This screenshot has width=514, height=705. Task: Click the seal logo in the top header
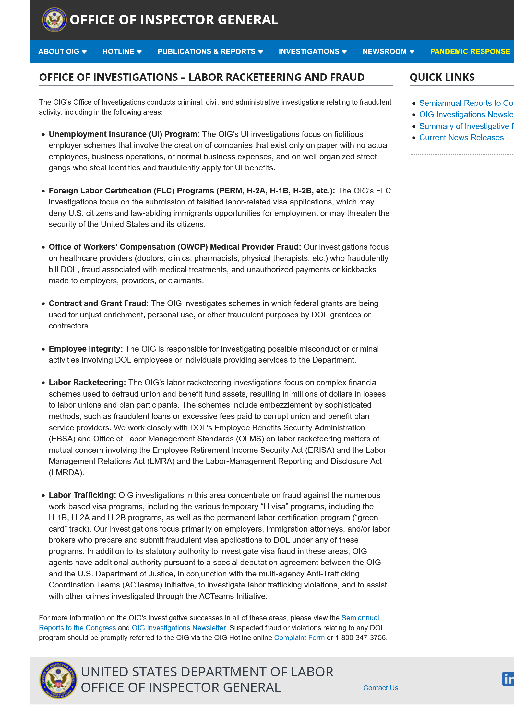[54, 20]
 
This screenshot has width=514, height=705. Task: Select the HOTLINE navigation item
[122, 52]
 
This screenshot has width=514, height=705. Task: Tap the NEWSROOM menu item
[388, 52]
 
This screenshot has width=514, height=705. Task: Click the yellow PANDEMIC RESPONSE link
[470, 52]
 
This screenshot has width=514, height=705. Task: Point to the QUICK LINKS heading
[442, 77]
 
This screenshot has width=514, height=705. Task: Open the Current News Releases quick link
[461, 138]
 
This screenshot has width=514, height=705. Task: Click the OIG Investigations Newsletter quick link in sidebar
[466, 115]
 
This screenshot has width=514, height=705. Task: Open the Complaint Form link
[299, 638]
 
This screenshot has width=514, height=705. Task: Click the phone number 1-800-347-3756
[361, 638]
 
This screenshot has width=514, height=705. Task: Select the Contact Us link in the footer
[380, 688]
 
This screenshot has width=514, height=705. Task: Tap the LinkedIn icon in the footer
[508, 679]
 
